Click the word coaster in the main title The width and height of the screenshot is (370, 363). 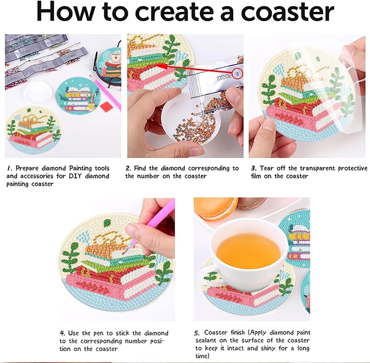(x=287, y=11)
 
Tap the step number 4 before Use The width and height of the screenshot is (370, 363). (x=62, y=333)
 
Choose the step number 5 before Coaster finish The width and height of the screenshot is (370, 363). (x=197, y=333)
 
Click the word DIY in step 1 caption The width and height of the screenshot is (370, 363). (x=75, y=176)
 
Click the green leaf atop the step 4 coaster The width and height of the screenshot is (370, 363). (x=107, y=223)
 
